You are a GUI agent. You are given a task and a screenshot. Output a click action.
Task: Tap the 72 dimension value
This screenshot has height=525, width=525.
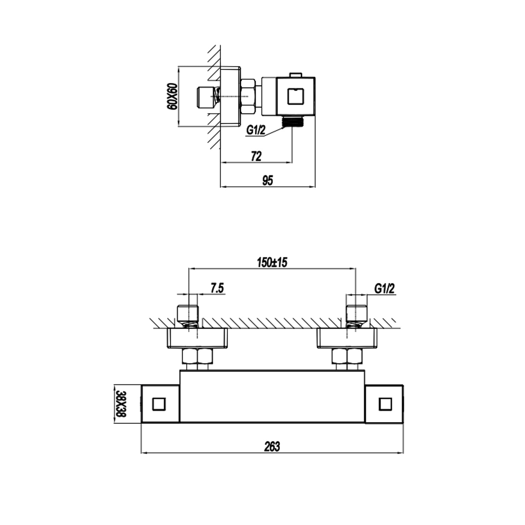click(x=256, y=156)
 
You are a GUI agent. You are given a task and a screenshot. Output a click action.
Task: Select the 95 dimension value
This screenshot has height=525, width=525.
click(x=267, y=181)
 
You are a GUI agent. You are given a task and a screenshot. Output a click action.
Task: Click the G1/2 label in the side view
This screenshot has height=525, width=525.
click(x=256, y=130)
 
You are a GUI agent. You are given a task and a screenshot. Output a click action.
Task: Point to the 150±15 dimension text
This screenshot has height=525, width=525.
click(x=272, y=262)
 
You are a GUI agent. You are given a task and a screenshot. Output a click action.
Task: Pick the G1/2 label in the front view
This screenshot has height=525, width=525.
click(x=384, y=288)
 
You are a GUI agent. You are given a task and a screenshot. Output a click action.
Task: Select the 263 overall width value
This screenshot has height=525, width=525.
click(x=272, y=446)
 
